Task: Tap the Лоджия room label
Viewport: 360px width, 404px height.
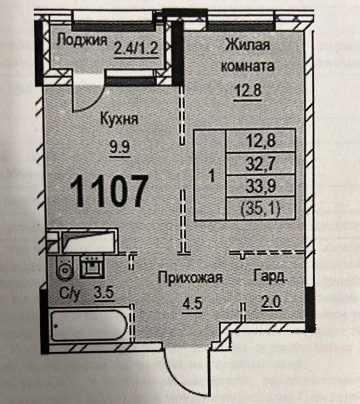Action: point(82,40)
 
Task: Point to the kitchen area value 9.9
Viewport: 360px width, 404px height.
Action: point(119,147)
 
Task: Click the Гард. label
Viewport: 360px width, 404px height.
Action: point(270,277)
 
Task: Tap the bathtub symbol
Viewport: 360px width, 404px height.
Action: point(89,326)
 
